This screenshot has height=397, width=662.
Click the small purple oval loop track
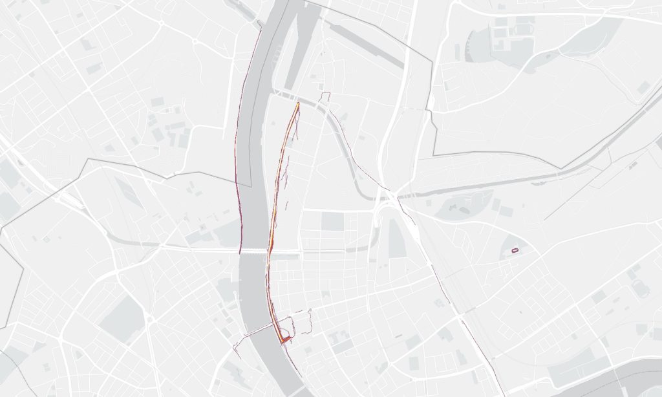point(516,249)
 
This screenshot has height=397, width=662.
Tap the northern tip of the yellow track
point(298,103)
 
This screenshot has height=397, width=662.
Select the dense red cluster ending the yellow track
point(283,337)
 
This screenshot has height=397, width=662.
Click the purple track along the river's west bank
point(237,162)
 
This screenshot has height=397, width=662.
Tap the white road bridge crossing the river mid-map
point(253,250)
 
